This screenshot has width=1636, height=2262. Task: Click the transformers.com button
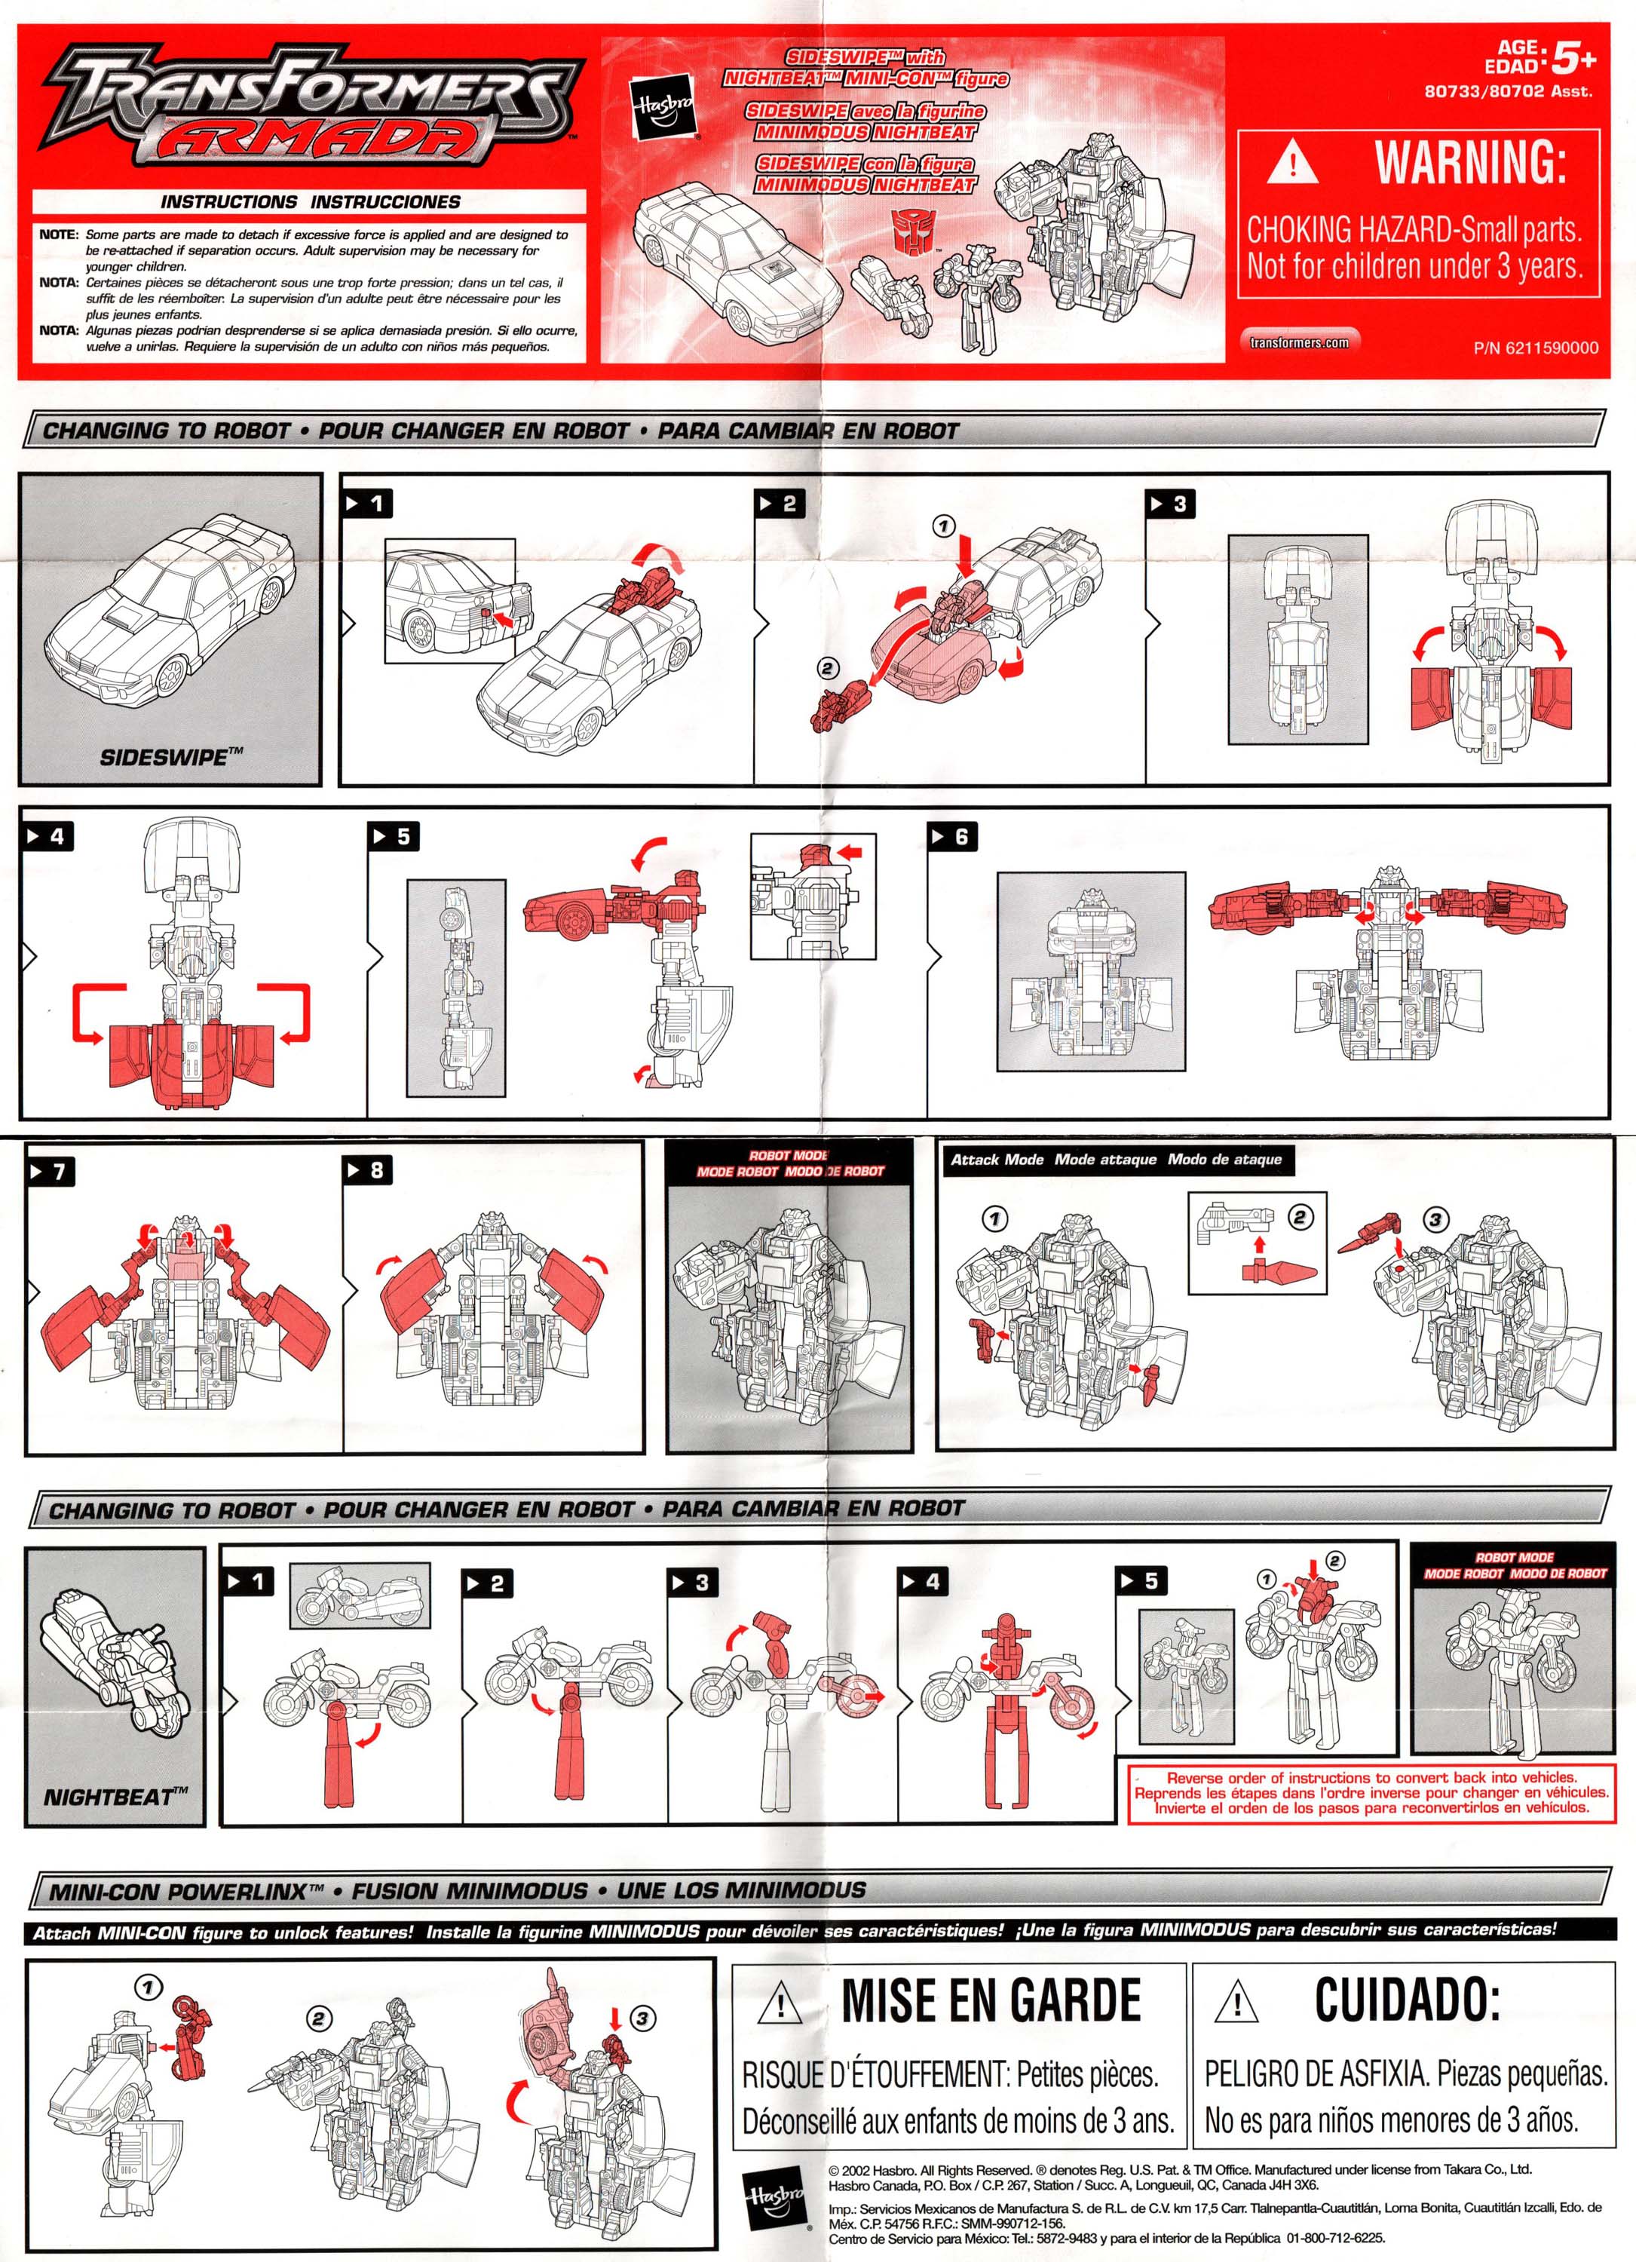tap(1299, 342)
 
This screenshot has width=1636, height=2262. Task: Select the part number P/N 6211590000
tap(1534, 348)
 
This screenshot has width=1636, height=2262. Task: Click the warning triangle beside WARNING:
tap(1292, 163)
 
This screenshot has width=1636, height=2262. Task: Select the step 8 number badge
tap(367, 1170)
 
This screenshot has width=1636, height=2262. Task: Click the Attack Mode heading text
tap(997, 1159)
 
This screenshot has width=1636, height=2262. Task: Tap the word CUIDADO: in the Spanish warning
tap(1407, 2000)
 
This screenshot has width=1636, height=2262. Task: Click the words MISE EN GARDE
tap(990, 2000)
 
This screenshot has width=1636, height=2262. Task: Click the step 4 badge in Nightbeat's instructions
tap(922, 1581)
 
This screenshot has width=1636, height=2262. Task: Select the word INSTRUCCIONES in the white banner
tap(384, 201)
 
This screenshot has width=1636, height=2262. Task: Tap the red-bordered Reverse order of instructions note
tap(1371, 1792)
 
